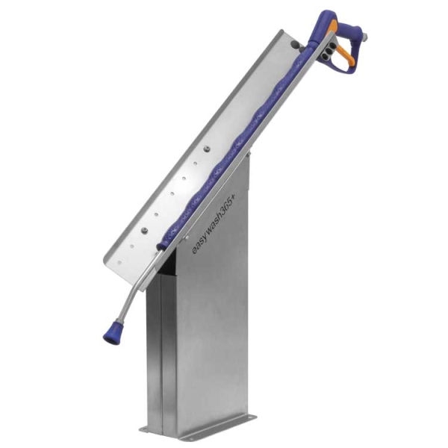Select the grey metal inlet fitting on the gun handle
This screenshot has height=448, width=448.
coord(364,36)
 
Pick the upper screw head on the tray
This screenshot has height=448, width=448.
coord(207,149)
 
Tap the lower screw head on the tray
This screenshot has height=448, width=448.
coord(145,230)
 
